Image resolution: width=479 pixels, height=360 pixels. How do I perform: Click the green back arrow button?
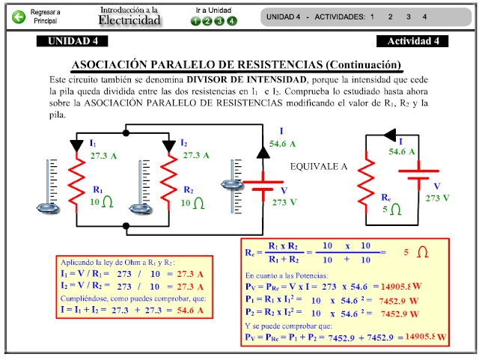tap(19, 16)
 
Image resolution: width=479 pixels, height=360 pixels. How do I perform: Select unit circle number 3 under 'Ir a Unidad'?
tap(220, 21)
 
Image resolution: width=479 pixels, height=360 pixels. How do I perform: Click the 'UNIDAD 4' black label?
tap(73, 41)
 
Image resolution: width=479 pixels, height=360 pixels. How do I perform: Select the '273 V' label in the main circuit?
tap(284, 202)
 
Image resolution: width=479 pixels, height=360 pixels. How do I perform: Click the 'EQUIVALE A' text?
tap(318, 167)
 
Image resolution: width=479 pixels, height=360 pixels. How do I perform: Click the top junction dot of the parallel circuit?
tap(126, 126)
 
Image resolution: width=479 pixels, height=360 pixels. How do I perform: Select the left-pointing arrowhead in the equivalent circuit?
tap(388, 135)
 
